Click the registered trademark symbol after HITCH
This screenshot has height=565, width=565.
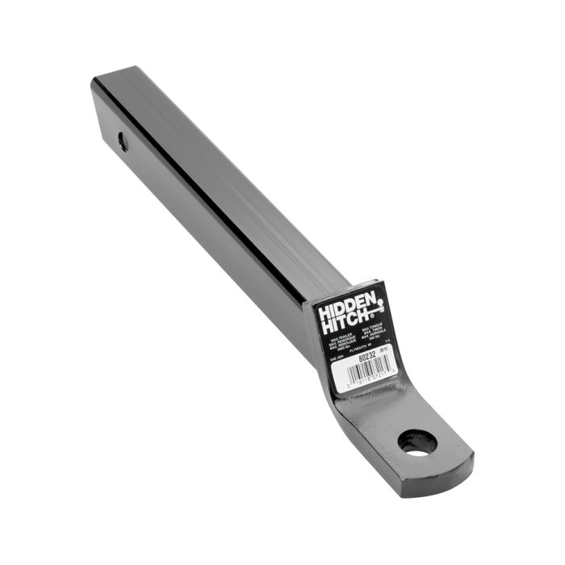coord(374,315)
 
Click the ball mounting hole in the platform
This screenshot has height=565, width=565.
coord(417,442)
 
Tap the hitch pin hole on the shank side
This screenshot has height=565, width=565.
coord(122,141)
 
